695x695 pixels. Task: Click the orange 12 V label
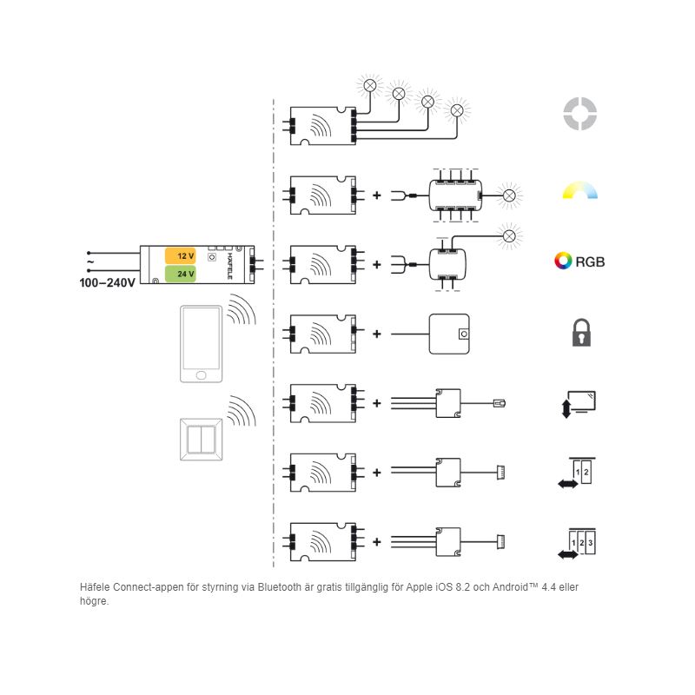tap(181, 256)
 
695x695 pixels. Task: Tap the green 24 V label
tap(181, 274)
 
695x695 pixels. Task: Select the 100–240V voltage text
tap(107, 283)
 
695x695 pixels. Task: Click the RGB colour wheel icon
tap(563, 261)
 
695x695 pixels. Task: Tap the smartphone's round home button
tap(202, 374)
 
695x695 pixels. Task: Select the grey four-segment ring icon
tap(579, 113)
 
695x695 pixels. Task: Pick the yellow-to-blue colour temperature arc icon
tap(580, 191)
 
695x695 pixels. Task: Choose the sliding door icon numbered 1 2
tap(579, 473)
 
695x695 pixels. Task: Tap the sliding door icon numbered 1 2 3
tap(579, 543)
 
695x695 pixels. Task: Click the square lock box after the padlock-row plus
tap(449, 334)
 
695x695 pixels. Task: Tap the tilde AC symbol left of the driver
tap(89, 261)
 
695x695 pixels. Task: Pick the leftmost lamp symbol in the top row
tap(369, 85)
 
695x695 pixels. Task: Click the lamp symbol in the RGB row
tap(510, 235)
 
